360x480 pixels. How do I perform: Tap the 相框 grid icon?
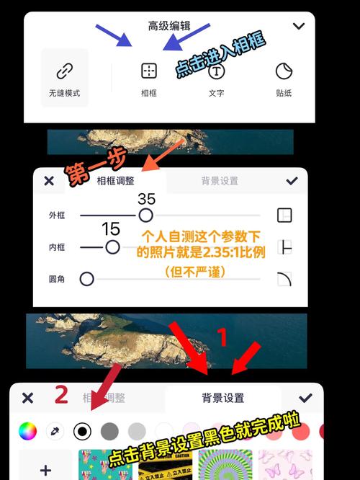[x=149, y=71]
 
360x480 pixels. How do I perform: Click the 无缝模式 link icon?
[x=65, y=71]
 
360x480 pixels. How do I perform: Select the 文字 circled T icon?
[x=217, y=71]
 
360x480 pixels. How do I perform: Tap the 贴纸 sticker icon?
[x=284, y=71]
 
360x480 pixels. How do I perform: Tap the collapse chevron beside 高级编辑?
[x=299, y=26]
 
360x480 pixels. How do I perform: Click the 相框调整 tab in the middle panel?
[x=115, y=181]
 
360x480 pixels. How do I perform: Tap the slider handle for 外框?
[x=145, y=215]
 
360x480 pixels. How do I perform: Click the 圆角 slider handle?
[x=87, y=278]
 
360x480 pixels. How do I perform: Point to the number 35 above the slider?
[x=147, y=198]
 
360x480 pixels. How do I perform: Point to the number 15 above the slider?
[x=111, y=229]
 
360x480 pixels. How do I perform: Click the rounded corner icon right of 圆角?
[x=284, y=278]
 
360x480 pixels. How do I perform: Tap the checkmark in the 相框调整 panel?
[x=292, y=181]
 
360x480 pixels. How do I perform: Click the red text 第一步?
[x=87, y=169]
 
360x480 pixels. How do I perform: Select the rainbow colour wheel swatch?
[x=27, y=431]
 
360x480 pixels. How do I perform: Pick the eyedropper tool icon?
[x=55, y=431]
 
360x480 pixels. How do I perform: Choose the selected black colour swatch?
[x=82, y=431]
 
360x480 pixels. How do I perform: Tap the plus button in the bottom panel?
[x=45, y=469]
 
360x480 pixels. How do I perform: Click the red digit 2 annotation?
[x=62, y=394]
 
